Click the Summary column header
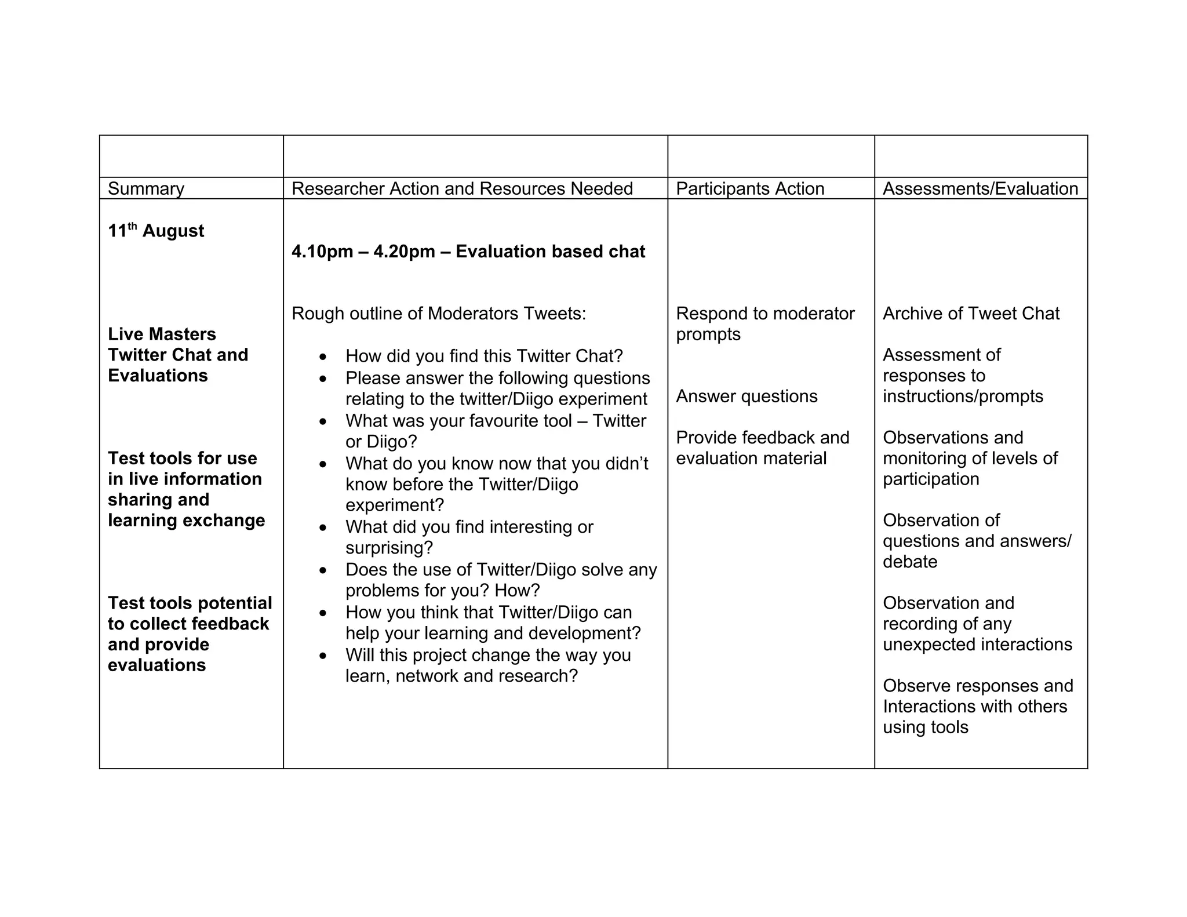click(146, 189)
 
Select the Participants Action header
click(749, 189)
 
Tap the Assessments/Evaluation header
click(980, 189)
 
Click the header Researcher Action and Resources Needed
click(462, 189)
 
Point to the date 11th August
click(156, 231)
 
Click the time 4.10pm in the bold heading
click(322, 252)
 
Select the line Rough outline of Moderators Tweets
click(439, 314)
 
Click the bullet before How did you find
click(323, 357)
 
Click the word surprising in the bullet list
click(389, 548)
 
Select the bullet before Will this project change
click(323, 656)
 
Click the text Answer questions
click(747, 396)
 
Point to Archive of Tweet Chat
click(971, 314)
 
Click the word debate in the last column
click(909, 562)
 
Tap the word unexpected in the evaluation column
click(935, 645)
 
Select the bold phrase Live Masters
click(162, 334)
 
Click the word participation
click(931, 479)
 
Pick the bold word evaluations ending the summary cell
click(156, 665)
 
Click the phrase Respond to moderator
click(765, 314)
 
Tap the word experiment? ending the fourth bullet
click(394, 505)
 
